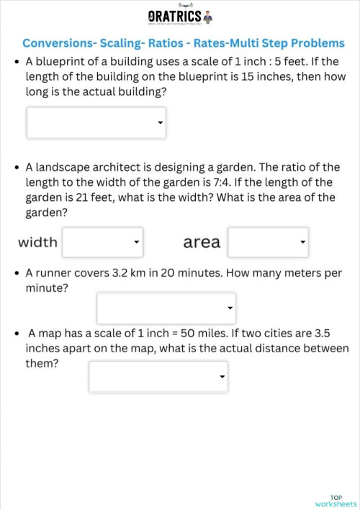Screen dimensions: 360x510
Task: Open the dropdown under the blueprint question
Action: [96, 122]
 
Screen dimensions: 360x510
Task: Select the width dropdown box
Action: [102, 242]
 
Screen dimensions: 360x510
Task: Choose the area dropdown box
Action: [268, 242]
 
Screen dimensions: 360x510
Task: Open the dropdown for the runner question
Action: [166, 308]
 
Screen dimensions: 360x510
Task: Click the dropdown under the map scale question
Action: [158, 376]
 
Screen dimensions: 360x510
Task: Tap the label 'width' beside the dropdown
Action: [37, 242]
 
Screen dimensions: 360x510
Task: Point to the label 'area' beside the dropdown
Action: [202, 242]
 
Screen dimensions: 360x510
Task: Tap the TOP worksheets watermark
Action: [336, 501]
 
